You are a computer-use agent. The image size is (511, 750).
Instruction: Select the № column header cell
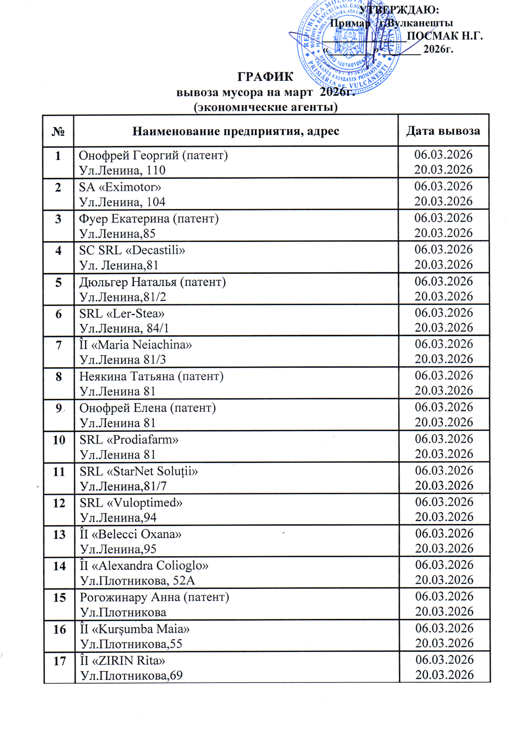[x=58, y=131]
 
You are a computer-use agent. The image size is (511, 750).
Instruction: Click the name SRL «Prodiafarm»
[x=129, y=439]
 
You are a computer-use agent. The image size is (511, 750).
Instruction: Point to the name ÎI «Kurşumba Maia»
[x=134, y=629]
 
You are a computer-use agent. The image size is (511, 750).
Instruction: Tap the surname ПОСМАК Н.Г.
[x=445, y=35]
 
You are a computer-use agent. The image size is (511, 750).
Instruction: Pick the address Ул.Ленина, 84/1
[x=124, y=328]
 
